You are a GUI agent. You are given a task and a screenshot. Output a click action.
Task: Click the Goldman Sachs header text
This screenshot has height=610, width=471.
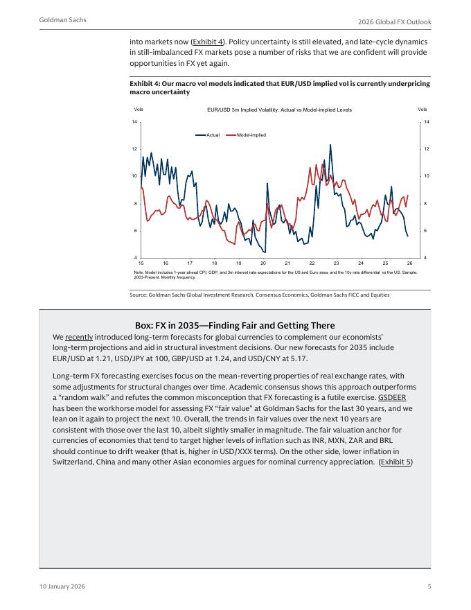point(63,20)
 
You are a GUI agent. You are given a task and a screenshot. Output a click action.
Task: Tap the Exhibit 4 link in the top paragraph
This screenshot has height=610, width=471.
point(208,42)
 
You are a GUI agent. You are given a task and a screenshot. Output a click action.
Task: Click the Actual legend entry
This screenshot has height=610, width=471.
point(212,134)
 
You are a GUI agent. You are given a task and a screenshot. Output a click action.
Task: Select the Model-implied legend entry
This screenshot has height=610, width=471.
point(251,134)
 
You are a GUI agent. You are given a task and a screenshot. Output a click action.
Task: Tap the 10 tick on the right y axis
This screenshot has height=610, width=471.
point(427,176)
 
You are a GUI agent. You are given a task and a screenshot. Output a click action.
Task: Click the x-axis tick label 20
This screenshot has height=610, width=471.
point(263,264)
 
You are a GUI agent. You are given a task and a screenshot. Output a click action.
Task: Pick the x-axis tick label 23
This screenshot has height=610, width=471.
point(336,264)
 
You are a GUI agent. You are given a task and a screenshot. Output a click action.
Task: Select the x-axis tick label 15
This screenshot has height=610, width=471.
point(141,264)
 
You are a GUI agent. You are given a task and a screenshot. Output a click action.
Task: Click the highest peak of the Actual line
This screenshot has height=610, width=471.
point(330,145)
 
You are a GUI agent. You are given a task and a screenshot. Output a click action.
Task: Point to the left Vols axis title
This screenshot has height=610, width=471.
point(139,110)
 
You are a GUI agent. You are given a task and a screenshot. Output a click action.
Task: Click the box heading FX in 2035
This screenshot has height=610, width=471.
point(235,325)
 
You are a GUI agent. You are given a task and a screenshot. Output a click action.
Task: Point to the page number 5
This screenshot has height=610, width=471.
point(429,586)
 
